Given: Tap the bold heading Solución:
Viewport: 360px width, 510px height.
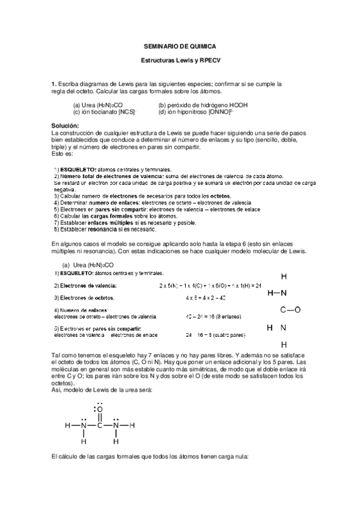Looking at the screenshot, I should click(x=66, y=125).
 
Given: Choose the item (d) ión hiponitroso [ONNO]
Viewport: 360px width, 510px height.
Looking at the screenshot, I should click(x=197, y=112).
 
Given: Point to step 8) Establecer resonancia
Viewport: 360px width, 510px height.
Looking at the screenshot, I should click(x=105, y=229).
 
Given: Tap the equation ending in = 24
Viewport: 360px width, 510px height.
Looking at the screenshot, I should click(x=210, y=284).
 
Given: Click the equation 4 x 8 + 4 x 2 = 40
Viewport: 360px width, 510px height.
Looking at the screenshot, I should click(x=206, y=297).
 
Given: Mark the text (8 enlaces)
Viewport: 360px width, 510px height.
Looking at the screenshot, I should click(x=227, y=316).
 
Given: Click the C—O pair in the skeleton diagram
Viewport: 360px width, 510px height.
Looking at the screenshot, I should click(x=290, y=310).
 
